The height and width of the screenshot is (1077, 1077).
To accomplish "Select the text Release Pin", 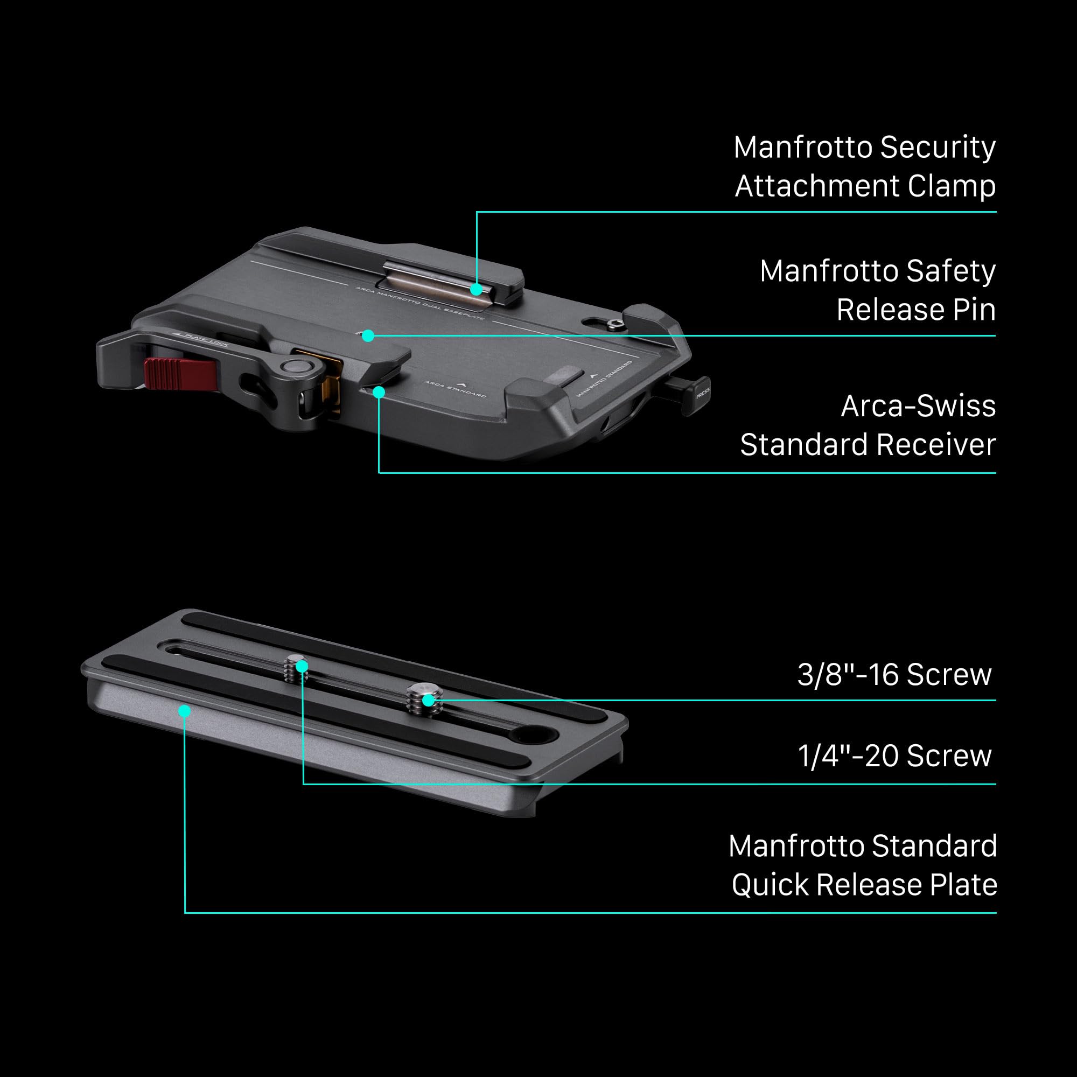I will [x=916, y=310].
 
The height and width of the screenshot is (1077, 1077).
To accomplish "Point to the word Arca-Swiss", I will [x=918, y=406].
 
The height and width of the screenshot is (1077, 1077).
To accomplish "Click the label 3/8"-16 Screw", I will [x=894, y=675].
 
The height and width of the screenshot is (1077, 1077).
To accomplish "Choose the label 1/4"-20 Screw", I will [x=894, y=756].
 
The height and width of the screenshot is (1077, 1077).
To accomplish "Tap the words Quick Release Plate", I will [x=864, y=885].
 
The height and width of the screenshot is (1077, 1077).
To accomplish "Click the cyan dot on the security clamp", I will [x=476, y=289].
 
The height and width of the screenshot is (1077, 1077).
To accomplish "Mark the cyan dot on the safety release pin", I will [x=367, y=335].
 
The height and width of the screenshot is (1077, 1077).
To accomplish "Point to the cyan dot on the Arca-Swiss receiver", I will [x=379, y=393].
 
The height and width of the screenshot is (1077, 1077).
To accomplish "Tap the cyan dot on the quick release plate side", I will [x=185, y=710].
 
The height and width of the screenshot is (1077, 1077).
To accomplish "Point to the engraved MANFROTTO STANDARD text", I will [x=605, y=379].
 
